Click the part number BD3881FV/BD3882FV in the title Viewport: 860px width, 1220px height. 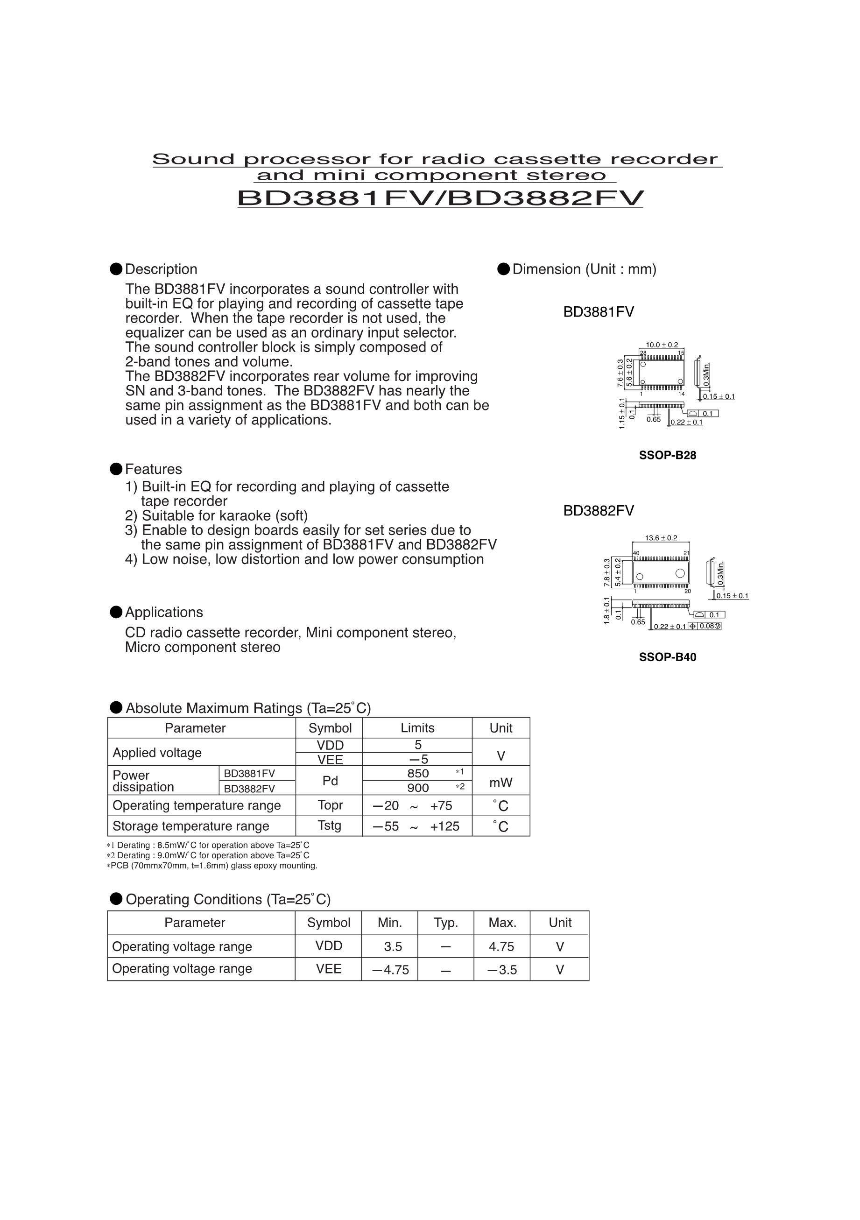click(x=440, y=197)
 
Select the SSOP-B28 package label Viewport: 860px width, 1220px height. click(x=667, y=455)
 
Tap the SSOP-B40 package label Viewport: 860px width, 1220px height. click(x=667, y=657)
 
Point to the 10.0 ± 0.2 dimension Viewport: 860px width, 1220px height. click(x=661, y=345)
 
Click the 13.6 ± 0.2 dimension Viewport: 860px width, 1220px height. click(x=661, y=538)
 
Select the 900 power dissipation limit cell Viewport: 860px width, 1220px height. click(x=418, y=788)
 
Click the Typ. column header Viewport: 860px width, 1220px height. click(x=446, y=923)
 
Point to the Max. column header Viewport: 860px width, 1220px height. click(x=502, y=923)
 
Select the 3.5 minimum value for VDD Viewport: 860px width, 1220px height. click(x=393, y=946)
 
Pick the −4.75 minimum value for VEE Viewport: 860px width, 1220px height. click(x=390, y=970)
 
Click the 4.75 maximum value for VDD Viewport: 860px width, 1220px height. click(x=502, y=946)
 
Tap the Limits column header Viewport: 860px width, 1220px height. click(x=417, y=728)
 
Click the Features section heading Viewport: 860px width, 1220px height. click(x=153, y=469)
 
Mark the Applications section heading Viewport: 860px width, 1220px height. click(x=163, y=612)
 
